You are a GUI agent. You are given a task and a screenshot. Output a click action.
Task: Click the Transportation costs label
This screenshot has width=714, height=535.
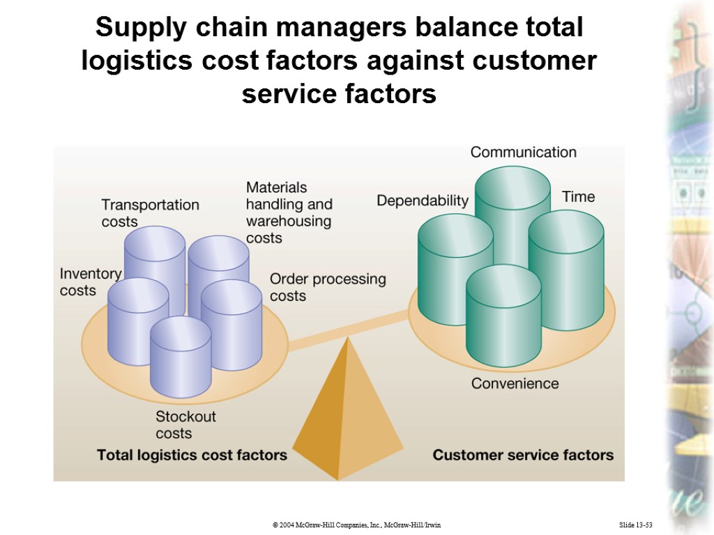pos(150,212)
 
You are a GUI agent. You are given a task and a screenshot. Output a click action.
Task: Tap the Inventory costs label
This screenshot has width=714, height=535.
pos(90,281)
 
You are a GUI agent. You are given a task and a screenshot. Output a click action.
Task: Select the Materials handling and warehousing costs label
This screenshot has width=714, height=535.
pos(289,212)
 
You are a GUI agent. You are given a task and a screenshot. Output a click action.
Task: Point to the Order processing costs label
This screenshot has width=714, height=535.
pos(327,287)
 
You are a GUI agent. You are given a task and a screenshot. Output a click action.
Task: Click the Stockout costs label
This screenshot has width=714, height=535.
pos(185,424)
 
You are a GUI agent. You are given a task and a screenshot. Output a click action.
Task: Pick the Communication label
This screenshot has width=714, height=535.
pos(523,152)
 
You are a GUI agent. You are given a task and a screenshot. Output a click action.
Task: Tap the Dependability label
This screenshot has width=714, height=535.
pos(423,201)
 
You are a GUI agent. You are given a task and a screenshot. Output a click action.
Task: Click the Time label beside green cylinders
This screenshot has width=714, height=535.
pos(578,196)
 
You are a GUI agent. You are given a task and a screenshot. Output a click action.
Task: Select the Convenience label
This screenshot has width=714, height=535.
pos(515,383)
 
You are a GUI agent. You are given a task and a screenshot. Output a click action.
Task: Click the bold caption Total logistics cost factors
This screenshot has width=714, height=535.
pos(192,455)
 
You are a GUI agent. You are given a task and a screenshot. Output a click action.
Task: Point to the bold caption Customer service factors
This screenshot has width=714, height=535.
pos(523,455)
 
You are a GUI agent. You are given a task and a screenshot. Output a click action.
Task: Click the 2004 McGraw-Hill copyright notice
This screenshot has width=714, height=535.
pos(356,524)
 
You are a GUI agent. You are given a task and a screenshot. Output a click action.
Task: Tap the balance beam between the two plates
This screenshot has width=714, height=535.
pos(349,331)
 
